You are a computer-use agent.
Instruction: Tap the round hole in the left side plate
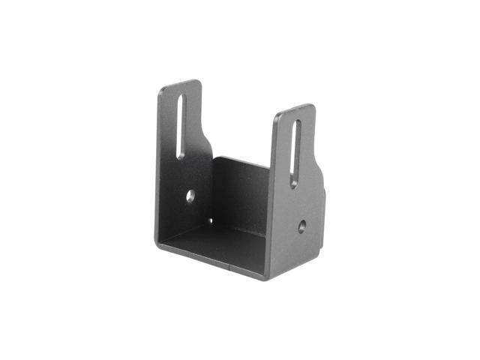click(x=190, y=196)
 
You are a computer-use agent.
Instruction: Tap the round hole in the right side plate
click(x=301, y=225)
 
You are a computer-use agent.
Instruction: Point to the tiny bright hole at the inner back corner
click(x=210, y=220)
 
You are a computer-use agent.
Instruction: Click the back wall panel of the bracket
click(x=241, y=196)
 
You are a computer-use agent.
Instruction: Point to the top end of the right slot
click(x=297, y=123)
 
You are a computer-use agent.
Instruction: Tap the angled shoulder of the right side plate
click(x=319, y=169)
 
